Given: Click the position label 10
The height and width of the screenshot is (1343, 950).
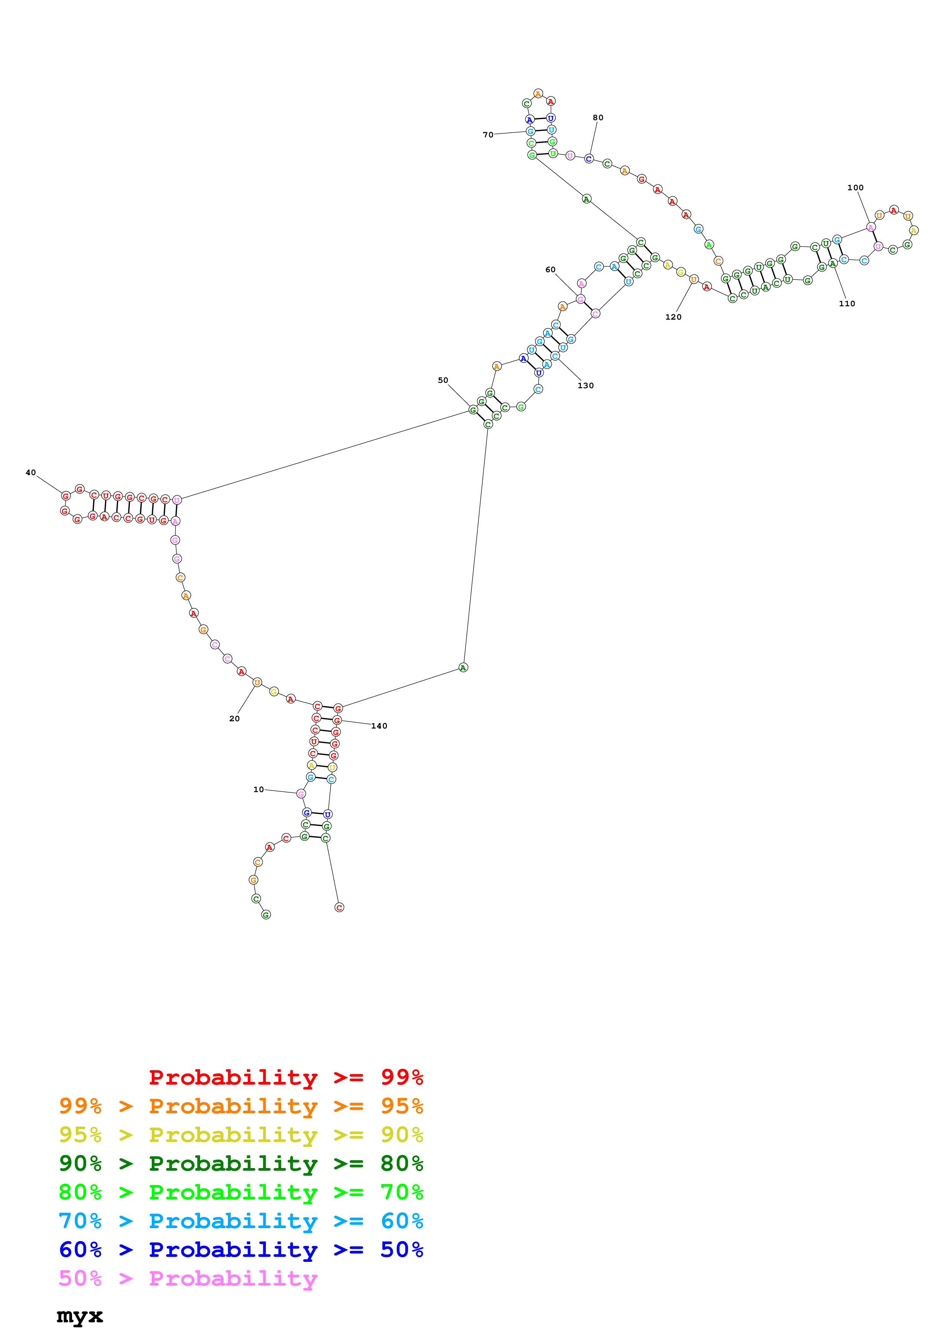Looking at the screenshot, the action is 258,789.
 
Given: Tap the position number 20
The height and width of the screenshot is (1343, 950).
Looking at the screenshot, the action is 234,718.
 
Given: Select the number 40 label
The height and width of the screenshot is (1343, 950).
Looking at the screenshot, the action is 30,472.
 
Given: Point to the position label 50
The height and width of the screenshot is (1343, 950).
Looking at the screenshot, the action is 443,380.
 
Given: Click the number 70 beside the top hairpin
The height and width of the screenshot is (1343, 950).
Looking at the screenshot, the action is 487,134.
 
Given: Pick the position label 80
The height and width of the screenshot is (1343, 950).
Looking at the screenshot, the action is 597,118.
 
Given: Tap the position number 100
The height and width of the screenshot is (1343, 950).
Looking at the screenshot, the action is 855,188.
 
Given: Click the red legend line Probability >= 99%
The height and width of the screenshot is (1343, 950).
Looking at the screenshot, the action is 285,1077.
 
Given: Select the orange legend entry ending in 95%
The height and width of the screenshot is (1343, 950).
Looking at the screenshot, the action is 241,1106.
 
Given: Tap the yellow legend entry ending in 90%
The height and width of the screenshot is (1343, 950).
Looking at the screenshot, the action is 241,1134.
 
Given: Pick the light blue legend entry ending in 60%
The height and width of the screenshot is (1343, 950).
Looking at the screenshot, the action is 241,1221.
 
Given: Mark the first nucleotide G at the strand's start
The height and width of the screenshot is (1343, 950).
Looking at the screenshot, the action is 266,915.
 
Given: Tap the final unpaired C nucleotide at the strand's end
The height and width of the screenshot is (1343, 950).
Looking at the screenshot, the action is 339,907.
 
